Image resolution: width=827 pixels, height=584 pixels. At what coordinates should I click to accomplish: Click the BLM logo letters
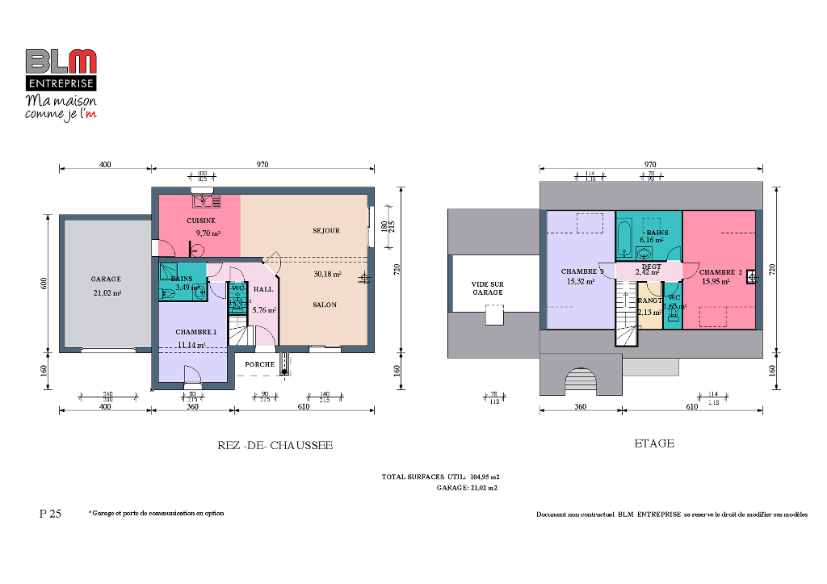point(61,61)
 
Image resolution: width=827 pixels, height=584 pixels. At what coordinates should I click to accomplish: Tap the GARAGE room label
point(106,279)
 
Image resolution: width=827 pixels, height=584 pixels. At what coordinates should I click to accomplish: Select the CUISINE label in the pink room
point(200,221)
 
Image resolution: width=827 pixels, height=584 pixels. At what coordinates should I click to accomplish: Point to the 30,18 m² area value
point(327,275)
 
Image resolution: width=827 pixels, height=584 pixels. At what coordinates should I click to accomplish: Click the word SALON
point(325,305)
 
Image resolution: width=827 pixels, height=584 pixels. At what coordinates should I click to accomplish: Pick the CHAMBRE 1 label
point(196,332)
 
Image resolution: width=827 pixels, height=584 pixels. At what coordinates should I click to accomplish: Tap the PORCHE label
point(259,364)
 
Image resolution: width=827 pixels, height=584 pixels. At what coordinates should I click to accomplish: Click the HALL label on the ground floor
point(263,289)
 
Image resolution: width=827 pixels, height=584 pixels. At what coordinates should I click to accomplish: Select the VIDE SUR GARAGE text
point(487,288)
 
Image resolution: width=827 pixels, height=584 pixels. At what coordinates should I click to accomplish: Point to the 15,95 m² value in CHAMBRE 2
point(716,282)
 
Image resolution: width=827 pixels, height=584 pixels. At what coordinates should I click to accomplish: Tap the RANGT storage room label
point(649,300)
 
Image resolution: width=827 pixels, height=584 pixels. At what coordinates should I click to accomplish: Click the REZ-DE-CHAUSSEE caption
point(275,445)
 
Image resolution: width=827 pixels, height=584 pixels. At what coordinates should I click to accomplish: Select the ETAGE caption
point(654,443)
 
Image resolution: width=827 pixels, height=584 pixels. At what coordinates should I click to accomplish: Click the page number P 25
point(50,514)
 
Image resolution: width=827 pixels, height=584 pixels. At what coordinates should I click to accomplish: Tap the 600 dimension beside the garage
point(44,284)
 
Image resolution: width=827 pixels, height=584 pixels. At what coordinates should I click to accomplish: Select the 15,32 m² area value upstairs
point(581,282)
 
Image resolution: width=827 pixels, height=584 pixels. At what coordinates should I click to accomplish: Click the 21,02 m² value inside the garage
point(107,293)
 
